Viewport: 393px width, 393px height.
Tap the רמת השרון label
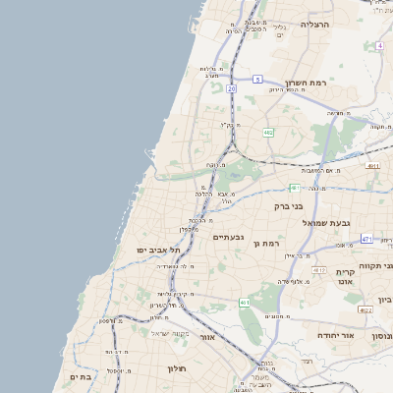(305, 83)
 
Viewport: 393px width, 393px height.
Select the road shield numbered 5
(257, 79)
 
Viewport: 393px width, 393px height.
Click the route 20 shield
(231, 88)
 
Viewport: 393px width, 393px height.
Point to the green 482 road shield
(267, 132)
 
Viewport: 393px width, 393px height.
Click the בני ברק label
(292, 207)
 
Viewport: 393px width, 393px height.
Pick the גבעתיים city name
(228, 237)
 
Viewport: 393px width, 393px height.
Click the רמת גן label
(267, 243)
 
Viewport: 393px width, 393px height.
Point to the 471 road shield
(365, 239)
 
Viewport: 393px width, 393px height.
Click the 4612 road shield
(318, 269)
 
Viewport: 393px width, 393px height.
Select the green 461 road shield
(245, 303)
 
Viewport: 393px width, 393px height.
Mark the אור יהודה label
(337, 335)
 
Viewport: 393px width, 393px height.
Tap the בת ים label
(80, 376)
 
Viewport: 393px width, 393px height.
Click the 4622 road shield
(365, 309)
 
